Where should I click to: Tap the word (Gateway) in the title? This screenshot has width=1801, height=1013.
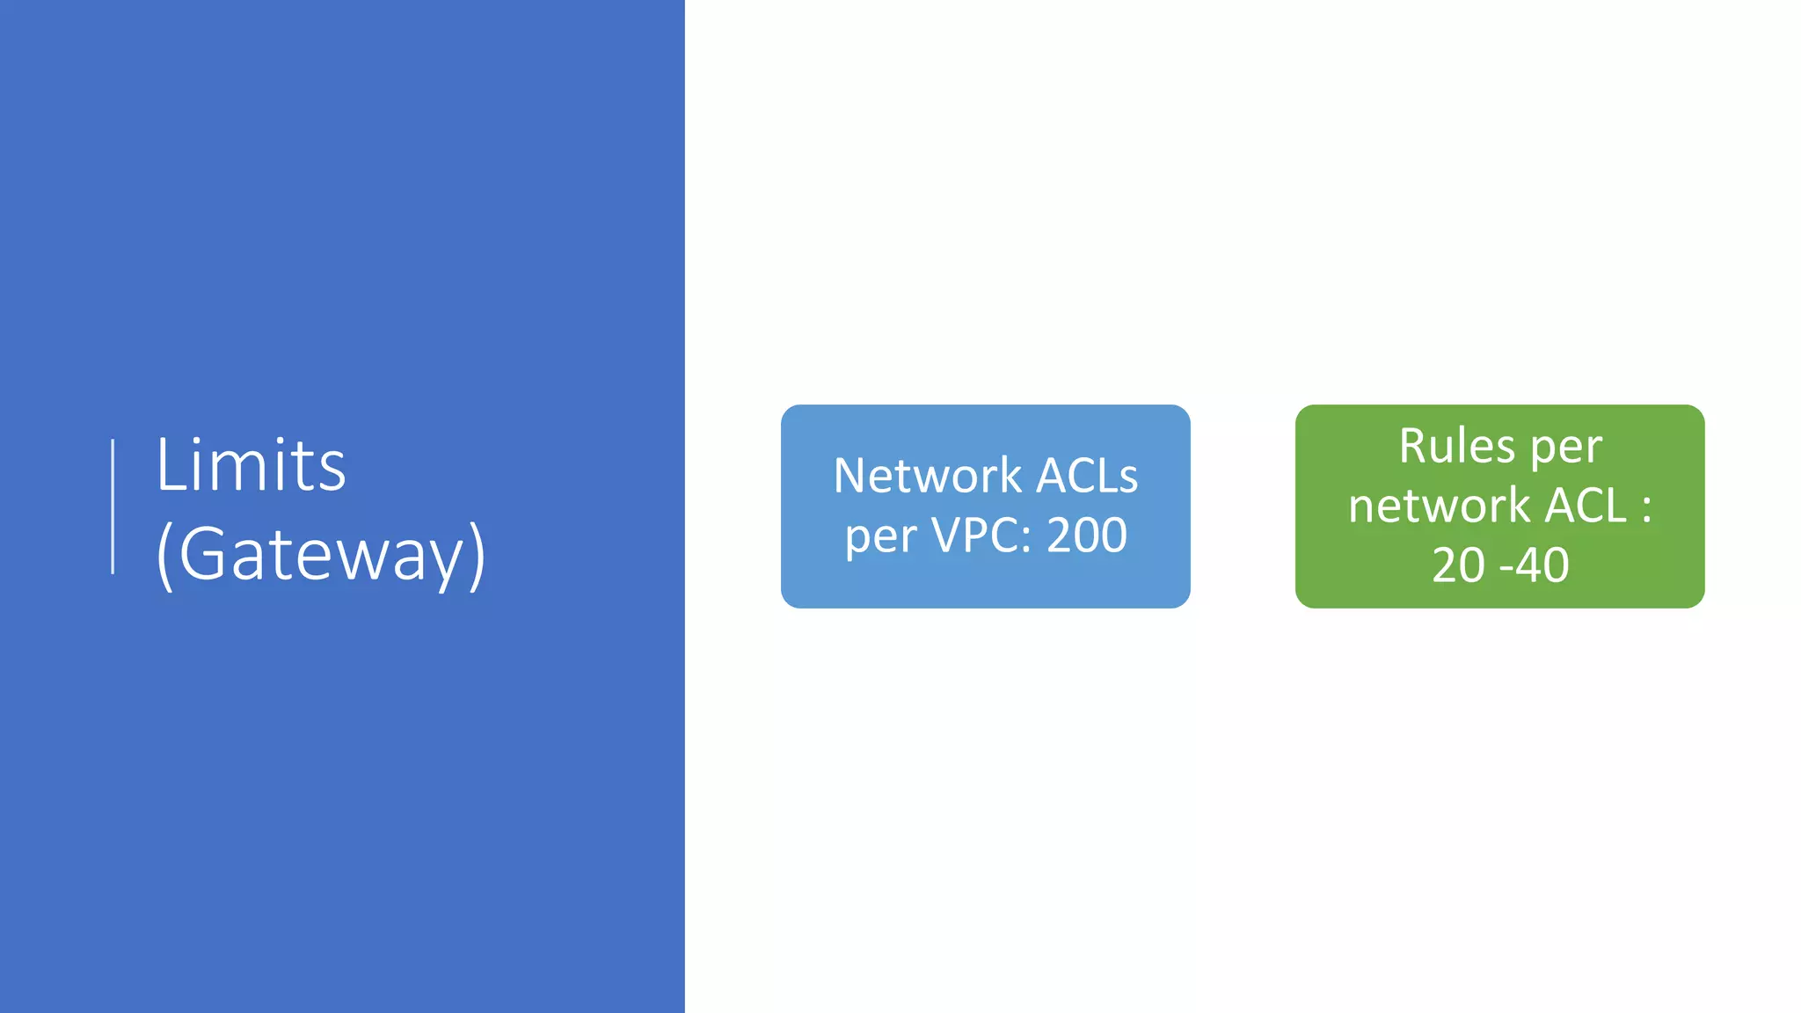point(320,554)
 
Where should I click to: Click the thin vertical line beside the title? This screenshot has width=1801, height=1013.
point(113,506)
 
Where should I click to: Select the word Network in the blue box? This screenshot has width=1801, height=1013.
point(927,476)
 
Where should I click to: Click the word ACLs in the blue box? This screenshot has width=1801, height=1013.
point(1087,476)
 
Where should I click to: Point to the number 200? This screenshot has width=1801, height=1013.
point(1087,535)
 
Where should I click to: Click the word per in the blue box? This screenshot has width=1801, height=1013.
point(880,536)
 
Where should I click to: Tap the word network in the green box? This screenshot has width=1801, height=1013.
point(1439,506)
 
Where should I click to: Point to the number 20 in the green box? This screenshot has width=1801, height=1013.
point(1458,565)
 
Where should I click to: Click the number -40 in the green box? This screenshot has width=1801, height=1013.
point(1535,565)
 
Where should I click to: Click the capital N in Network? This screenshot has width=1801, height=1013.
point(850,476)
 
